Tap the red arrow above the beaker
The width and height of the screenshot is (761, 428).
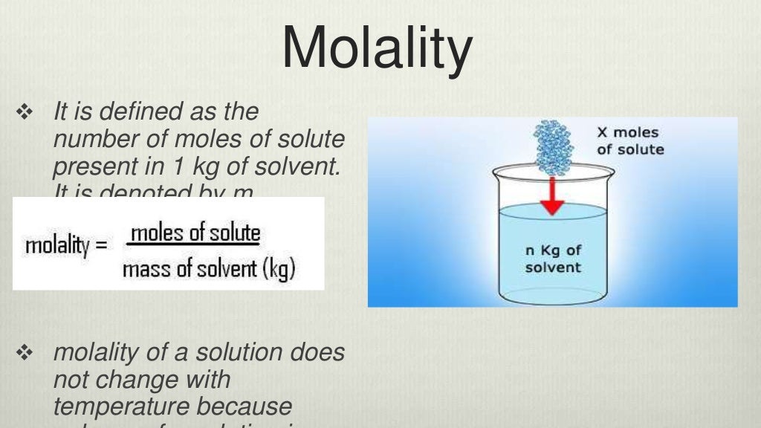coord(551,195)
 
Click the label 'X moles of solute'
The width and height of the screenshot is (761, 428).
coord(630,141)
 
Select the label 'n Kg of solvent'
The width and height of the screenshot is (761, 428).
coord(553,259)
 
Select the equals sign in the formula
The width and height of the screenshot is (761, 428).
coord(102,244)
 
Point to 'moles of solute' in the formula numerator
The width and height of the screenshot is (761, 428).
coord(195,233)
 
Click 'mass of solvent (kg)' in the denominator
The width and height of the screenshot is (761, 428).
coord(209,268)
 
